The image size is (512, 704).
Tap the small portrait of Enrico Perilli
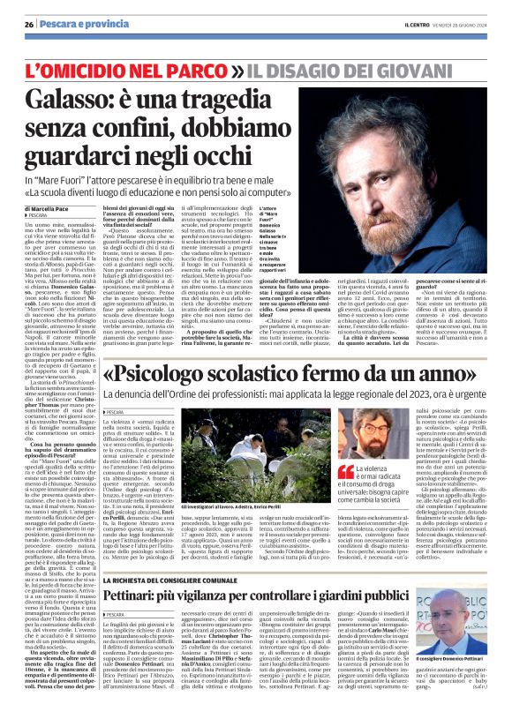coord(335,451)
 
